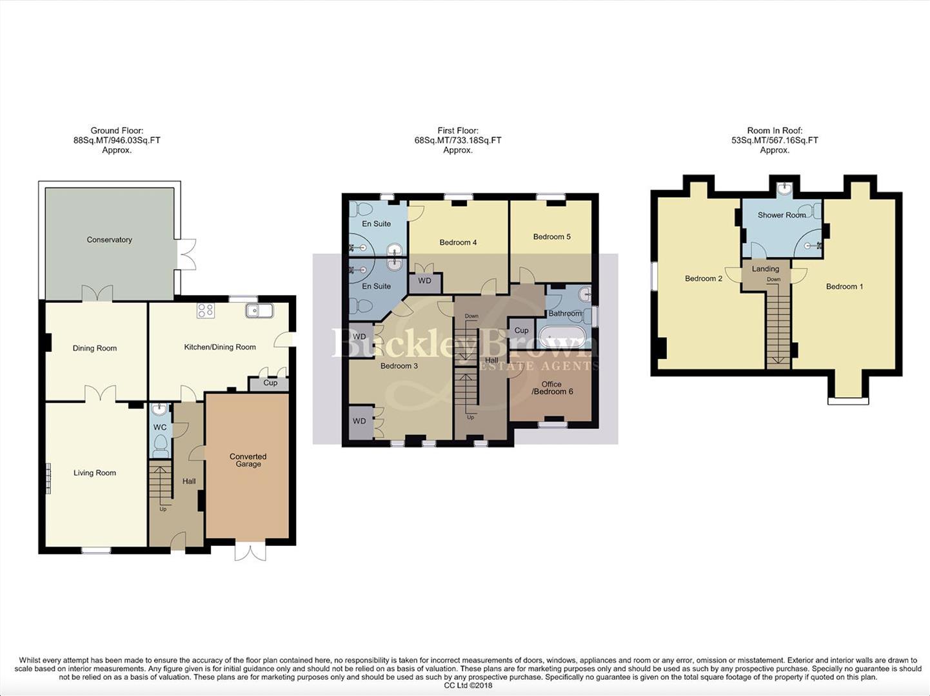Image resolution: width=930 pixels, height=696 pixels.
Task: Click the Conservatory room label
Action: pyautogui.click(x=109, y=240)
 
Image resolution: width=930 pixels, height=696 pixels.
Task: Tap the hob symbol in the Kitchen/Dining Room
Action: pyautogui.click(x=206, y=311)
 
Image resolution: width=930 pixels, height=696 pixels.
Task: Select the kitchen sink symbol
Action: pyautogui.click(x=259, y=311)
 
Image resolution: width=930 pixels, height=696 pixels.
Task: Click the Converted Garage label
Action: pyautogui.click(x=248, y=460)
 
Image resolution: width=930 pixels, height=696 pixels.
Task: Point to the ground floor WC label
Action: pyautogui.click(x=160, y=427)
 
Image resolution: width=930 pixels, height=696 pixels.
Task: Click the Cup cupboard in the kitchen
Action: pyautogui.click(x=270, y=383)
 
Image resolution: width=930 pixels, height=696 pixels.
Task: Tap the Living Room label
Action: pyautogui.click(x=95, y=473)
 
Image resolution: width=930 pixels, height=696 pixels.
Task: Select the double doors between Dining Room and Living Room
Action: pyautogui.click(x=100, y=394)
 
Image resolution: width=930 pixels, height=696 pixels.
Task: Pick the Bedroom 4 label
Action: pyautogui.click(x=458, y=242)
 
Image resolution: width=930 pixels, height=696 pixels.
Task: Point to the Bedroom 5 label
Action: pyautogui.click(x=551, y=237)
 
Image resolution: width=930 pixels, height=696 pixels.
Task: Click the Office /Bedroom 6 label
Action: pyautogui.click(x=551, y=388)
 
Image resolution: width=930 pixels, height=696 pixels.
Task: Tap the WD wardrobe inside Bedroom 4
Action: pyautogui.click(x=425, y=282)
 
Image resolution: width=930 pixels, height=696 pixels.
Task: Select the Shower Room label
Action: pyautogui.click(x=781, y=215)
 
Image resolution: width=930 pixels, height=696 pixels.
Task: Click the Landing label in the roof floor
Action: pyautogui.click(x=766, y=269)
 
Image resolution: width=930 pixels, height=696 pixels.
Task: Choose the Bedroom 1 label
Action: pyautogui.click(x=844, y=287)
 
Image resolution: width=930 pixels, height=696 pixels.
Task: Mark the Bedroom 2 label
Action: pyautogui.click(x=703, y=278)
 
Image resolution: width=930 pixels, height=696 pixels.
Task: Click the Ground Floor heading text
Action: pyautogui.click(x=117, y=131)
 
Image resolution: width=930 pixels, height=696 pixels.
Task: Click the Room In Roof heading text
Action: pyautogui.click(x=775, y=131)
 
